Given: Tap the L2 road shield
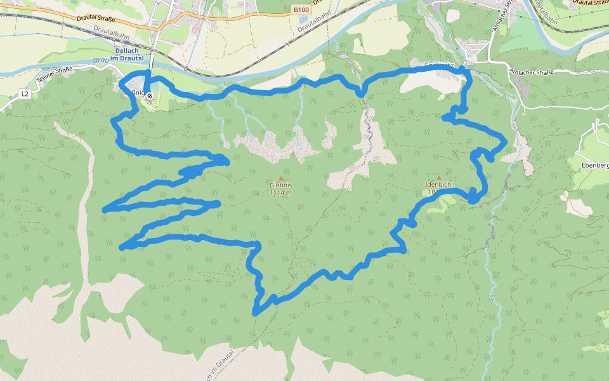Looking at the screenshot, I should point(25,94).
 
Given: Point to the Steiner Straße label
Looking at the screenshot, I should point(56,74).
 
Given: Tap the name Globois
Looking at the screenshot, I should point(280,185).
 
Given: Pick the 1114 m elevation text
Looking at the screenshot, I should point(280,192).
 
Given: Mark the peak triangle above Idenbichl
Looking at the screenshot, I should point(438,178).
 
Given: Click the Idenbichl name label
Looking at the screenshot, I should point(438,185).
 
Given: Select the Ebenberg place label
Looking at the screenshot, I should point(595,165).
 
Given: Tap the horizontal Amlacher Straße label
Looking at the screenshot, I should point(531,72).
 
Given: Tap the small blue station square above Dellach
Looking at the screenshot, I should point(153,49).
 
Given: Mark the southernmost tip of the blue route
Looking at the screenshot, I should point(255,313).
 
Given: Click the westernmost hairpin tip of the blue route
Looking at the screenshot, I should point(105,210).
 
